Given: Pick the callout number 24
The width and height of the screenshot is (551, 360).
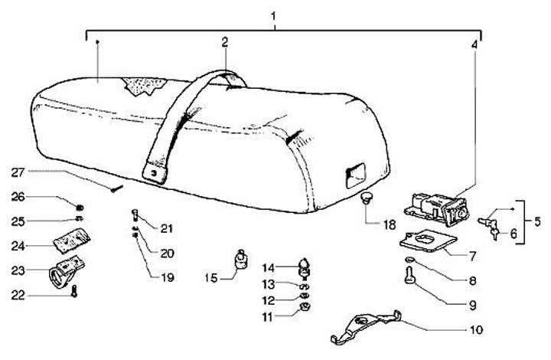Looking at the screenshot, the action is tap(18, 247).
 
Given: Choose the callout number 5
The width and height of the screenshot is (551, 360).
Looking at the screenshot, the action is tap(537, 221).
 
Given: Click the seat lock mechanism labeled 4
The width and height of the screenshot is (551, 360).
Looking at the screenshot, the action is tap(433, 207).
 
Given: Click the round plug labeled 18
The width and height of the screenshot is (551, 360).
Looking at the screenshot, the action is tap(367, 199).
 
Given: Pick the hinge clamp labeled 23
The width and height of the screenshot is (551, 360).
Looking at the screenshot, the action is tap(67, 270).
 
